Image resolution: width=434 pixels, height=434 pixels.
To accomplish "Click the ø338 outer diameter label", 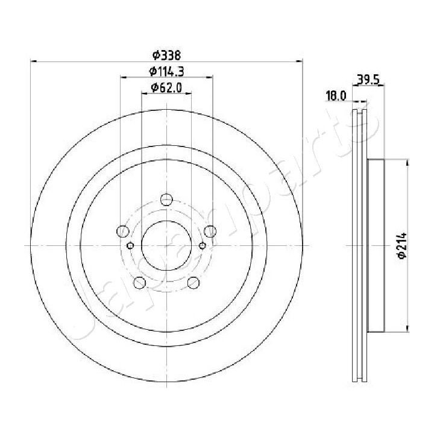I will click(166, 55).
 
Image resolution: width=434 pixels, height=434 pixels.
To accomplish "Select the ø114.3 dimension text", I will click(166, 72).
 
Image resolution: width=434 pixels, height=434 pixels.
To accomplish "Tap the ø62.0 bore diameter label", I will click(166, 88).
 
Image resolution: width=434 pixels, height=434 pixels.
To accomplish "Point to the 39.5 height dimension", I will click(368, 78).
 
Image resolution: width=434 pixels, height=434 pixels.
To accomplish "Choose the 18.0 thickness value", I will click(335, 95).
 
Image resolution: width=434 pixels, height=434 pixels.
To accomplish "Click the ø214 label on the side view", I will click(403, 246).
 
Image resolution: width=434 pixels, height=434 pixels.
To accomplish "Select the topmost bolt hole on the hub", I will click(166, 201).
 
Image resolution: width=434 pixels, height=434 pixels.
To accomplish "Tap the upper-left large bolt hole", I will click(122, 231).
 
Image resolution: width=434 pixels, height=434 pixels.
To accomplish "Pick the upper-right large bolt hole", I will click(210, 231).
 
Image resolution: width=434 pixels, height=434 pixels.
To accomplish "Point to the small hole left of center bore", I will click(130, 245).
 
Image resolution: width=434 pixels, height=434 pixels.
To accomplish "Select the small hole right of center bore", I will click(203, 245).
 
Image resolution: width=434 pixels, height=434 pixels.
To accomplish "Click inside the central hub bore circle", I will click(166, 245).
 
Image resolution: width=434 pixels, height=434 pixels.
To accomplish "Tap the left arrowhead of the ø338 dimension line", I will click(34, 61).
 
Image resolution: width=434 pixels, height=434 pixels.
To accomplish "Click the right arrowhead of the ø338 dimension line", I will click(299, 61).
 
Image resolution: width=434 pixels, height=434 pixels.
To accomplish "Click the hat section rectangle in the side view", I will click(375, 245).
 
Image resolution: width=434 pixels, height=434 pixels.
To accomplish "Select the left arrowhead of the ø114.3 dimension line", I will click(123, 77).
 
